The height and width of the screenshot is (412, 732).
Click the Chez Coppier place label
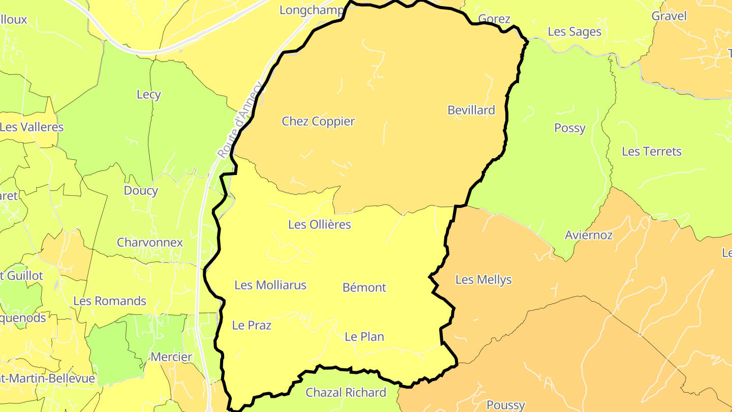pyautogui.click(x=318, y=122)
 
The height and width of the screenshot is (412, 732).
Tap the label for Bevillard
pyautogui.click(x=471, y=110)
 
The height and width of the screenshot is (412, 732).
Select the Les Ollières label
pyautogui.click(x=319, y=224)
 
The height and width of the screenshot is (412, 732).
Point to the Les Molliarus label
pyautogui.click(x=270, y=285)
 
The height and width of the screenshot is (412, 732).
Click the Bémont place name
pyautogui.click(x=364, y=287)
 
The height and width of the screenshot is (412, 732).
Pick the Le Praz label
pyautogui.click(x=252, y=326)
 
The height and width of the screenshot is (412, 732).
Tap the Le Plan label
pyautogui.click(x=364, y=337)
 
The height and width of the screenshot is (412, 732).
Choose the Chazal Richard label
pyautogui.click(x=346, y=393)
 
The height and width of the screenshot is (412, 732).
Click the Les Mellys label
pyautogui.click(x=483, y=279)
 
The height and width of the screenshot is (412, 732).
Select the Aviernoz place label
pyautogui.click(x=589, y=235)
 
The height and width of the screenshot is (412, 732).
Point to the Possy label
pyautogui.click(x=570, y=128)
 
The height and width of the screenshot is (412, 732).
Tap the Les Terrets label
pyautogui.click(x=651, y=152)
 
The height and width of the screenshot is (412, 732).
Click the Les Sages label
pyautogui.click(x=574, y=32)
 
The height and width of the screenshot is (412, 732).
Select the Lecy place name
pyautogui.click(x=149, y=95)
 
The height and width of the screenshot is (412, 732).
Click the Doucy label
pyautogui.click(x=141, y=191)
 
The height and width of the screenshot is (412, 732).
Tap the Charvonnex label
pyautogui.click(x=150, y=242)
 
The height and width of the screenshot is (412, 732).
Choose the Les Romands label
pyautogui.click(x=110, y=301)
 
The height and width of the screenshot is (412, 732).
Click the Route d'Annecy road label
pyautogui.click(x=241, y=121)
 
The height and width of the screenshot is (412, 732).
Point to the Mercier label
pyautogui.click(x=171, y=357)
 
